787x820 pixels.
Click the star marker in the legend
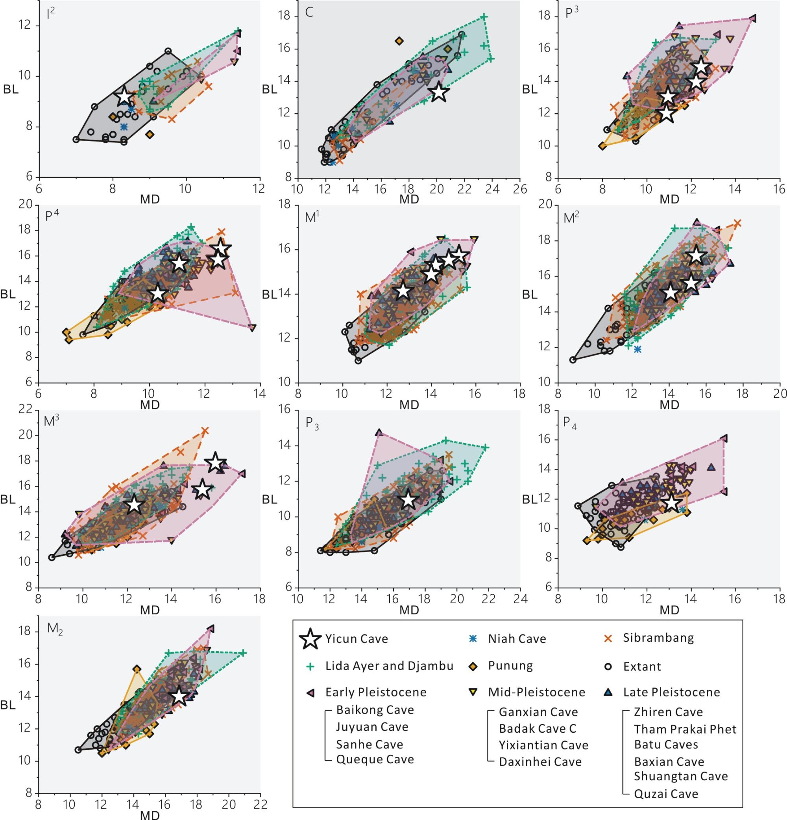click(x=310, y=639)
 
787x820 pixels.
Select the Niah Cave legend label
click(x=517, y=639)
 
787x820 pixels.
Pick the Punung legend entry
click(x=510, y=665)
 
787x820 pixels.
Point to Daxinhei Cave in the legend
click(x=540, y=761)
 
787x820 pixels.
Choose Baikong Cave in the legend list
click(x=375, y=709)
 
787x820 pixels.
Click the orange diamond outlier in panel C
click(x=399, y=41)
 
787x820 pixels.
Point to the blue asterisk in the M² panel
click(x=637, y=349)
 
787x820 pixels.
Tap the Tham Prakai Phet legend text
click(x=685, y=729)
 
